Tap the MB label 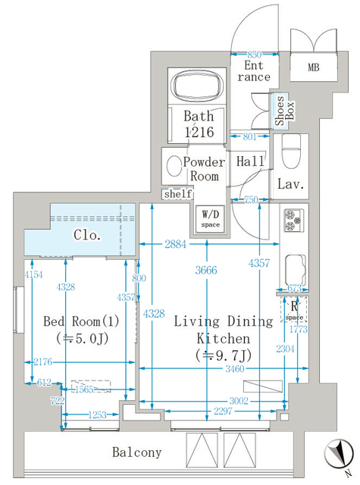pyautogui.click(x=314, y=67)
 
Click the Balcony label pyautogui.click(x=137, y=452)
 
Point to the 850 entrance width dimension pyautogui.click(x=255, y=55)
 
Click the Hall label pyautogui.click(x=249, y=162)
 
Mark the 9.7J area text pyautogui.click(x=223, y=355)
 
